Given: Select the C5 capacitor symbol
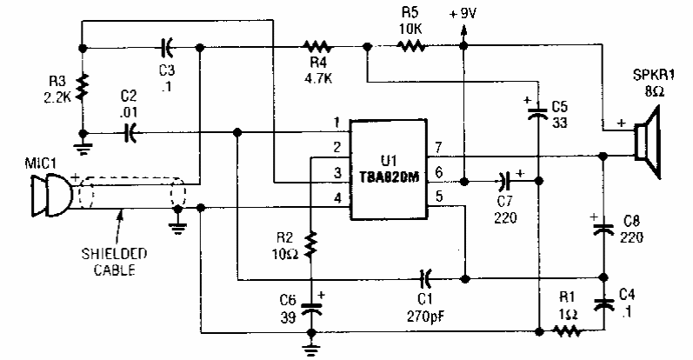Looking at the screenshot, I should coord(539,110).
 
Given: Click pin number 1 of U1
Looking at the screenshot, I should coord(336,121).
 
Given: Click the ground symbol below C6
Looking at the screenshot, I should coord(311,349).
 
